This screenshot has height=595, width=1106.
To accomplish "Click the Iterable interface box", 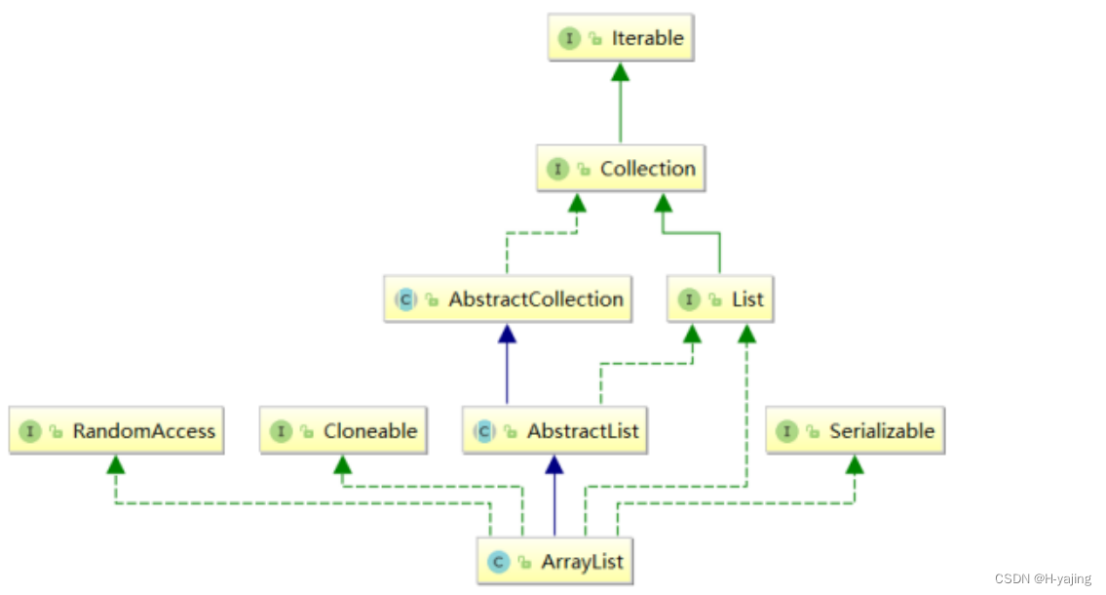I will tap(621, 39).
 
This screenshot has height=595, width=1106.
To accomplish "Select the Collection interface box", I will tap(621, 169).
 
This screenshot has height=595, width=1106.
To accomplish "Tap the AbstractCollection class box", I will tap(508, 299).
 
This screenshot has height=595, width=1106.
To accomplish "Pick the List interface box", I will tap(720, 299).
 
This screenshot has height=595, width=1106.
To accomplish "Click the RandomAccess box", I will tap(117, 431).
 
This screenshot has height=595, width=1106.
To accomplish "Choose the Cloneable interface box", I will tap(344, 431).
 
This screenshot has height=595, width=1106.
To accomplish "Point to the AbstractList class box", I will tap(554, 431).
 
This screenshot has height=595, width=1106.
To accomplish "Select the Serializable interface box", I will tap(856, 431).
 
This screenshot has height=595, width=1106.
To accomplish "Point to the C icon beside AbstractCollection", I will tap(405, 299).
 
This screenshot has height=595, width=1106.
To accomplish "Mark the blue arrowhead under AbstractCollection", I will tap(507, 334).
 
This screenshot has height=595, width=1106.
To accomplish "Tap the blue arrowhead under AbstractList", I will tap(554, 465).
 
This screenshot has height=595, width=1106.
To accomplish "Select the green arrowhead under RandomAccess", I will tap(116, 464).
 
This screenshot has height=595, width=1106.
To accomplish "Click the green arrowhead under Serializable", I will tap(855, 464).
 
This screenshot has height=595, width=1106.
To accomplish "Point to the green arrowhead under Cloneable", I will tap(342, 464).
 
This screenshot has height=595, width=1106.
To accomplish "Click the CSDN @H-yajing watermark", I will tap(1045, 579).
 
